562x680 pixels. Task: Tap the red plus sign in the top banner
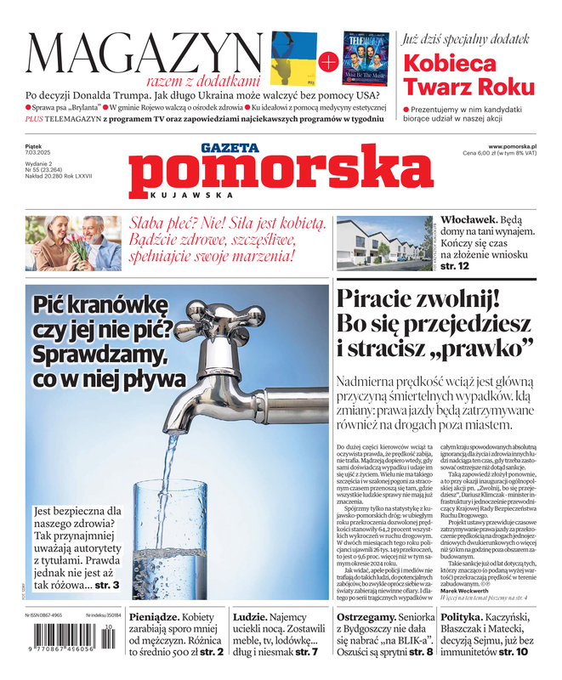(x=327, y=61)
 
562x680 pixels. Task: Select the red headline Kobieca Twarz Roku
(x=468, y=75)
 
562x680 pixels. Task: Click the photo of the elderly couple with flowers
(x=72, y=242)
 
